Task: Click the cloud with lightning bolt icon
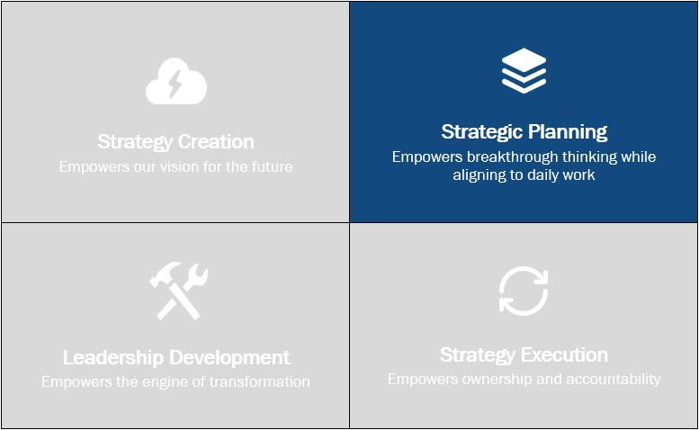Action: [x=176, y=81]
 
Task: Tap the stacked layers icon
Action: [x=524, y=70]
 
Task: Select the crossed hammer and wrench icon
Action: [x=178, y=291]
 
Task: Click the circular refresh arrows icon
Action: [x=524, y=291]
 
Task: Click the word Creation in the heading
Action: [x=216, y=142]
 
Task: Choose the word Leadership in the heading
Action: [x=113, y=358]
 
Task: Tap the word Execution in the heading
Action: [x=565, y=355]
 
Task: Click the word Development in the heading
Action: [x=229, y=358]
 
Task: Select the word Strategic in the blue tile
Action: [x=482, y=132]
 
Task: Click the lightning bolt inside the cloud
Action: [x=175, y=85]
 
